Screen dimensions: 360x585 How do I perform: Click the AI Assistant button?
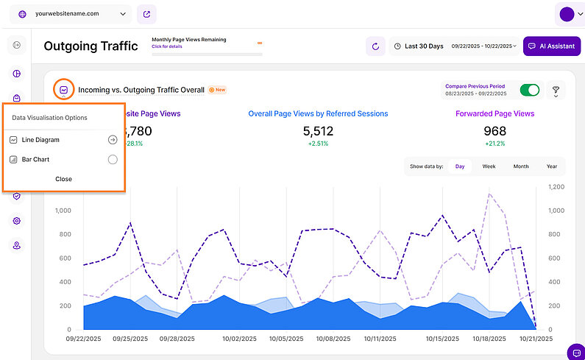pos(551,46)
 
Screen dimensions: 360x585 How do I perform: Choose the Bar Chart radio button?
pos(113,159)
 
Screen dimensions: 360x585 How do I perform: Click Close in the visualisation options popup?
pos(63,179)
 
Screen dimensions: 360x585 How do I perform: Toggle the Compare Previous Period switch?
pos(529,90)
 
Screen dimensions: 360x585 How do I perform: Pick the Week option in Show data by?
pos(489,166)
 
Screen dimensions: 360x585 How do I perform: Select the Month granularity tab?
pos(520,166)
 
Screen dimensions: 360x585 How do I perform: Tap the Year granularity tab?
pos(551,166)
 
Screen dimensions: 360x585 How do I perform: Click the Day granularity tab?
pos(460,166)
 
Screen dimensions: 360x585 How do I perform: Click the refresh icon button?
pos(375,46)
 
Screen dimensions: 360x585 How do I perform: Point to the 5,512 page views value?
pos(318,131)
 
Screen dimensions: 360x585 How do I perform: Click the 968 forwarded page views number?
pos(494,131)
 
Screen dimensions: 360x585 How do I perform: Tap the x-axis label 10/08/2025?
pos(331,339)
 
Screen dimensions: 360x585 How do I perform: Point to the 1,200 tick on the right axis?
pos(556,187)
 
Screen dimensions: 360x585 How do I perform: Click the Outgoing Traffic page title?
pos(91,46)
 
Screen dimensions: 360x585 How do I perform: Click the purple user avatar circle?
pos(567,14)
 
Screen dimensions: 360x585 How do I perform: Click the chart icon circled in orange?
pos(64,90)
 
